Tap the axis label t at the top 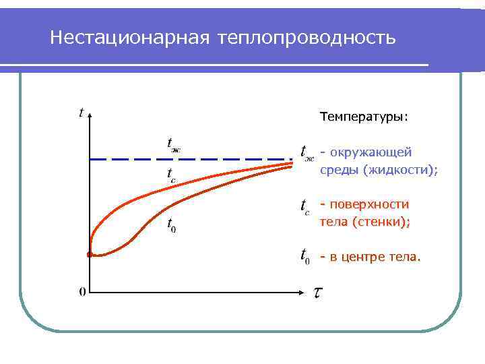point(82,113)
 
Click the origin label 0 point(82,292)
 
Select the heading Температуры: point(364,117)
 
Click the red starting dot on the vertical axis point(90,255)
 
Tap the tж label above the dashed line point(173,143)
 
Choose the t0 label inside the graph point(172,224)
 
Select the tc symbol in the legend point(305,206)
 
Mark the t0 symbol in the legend point(305,257)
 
